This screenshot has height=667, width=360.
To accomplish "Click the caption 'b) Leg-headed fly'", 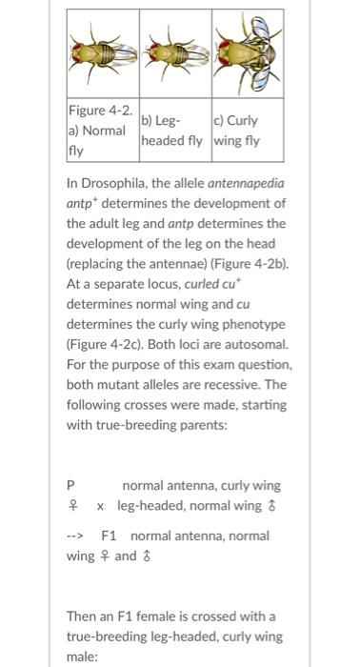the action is tap(174, 131).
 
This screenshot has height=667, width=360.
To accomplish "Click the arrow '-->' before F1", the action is tap(77, 536).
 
